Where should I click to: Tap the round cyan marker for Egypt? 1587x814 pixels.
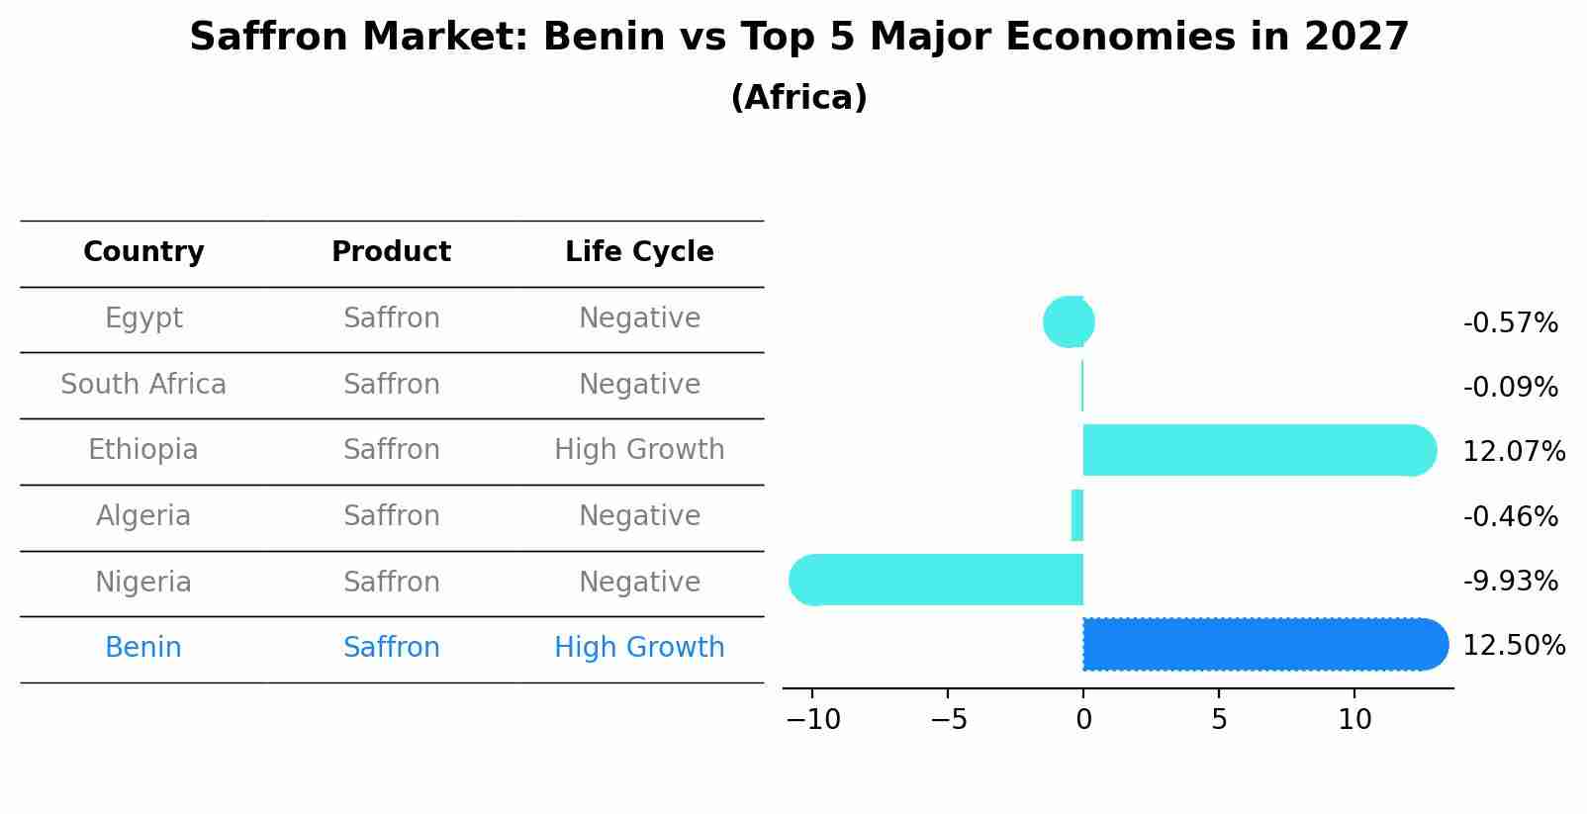(x=1069, y=321)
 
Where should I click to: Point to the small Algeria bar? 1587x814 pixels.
(x=1077, y=515)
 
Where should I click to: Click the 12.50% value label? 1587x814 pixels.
(x=1513, y=646)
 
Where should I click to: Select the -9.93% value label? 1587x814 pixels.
(x=1510, y=582)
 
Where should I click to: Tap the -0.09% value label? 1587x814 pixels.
(x=1510, y=388)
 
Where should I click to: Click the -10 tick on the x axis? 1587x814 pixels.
(x=812, y=720)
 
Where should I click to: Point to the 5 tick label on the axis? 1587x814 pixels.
(x=1219, y=720)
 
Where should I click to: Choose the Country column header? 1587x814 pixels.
(x=143, y=252)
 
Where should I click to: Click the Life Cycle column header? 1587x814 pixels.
(x=639, y=252)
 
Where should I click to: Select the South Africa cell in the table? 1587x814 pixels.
(x=143, y=385)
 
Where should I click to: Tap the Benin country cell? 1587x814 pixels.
(x=143, y=648)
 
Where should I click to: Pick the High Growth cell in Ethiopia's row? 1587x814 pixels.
(x=639, y=450)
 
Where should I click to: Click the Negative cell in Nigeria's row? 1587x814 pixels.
(x=639, y=582)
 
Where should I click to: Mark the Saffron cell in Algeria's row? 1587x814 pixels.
(x=391, y=516)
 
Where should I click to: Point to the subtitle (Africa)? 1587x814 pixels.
(x=798, y=98)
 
